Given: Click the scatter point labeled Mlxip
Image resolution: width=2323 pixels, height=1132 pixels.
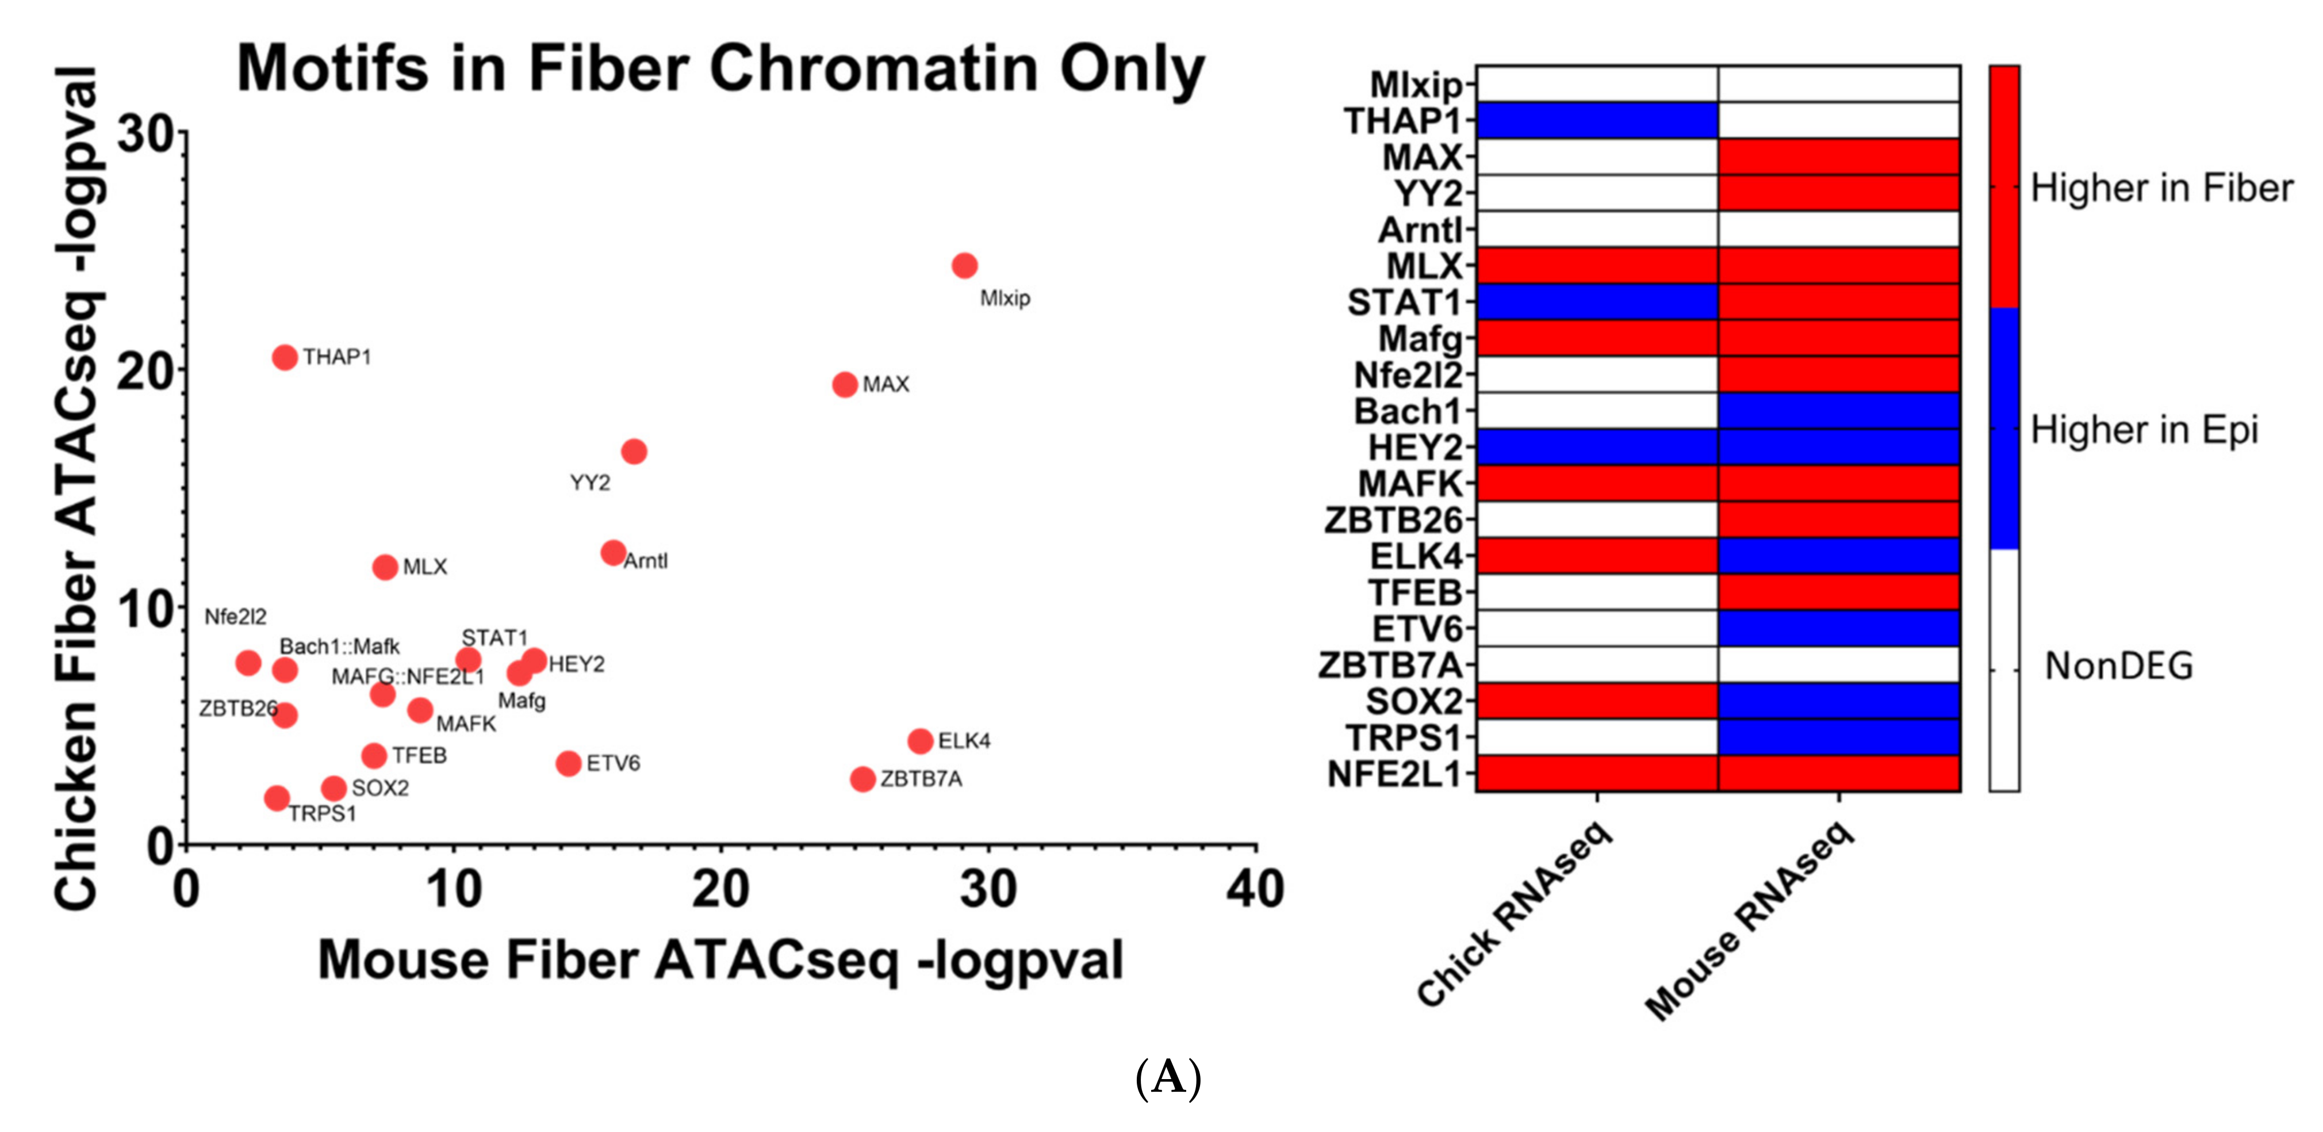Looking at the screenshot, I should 964,265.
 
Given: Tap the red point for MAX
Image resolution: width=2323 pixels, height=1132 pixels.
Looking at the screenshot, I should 844,384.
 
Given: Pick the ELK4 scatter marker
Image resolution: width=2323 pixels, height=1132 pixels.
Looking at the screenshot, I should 920,740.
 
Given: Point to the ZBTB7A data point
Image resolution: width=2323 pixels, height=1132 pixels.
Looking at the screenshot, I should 862,778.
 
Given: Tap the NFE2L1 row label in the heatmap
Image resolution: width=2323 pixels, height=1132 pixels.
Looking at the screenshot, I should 1393,774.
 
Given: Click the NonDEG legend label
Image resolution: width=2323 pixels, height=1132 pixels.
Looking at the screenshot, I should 2118,667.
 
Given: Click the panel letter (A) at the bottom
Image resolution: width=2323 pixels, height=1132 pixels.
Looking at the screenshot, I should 1168,1077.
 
